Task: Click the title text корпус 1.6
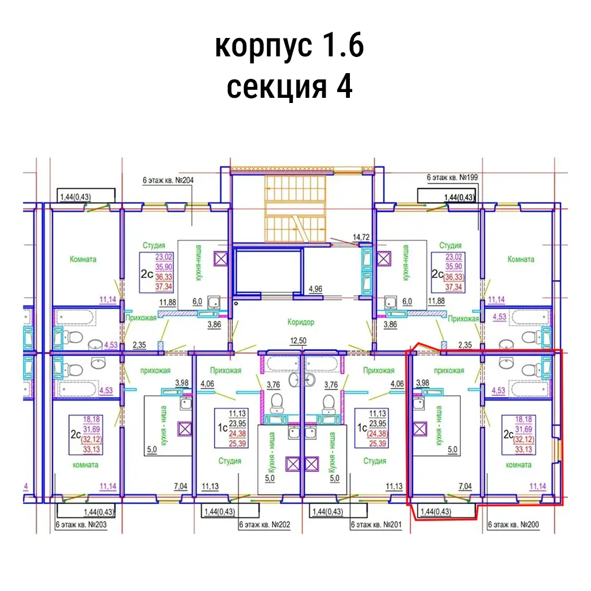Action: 289,46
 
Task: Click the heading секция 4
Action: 289,87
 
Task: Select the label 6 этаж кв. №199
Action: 452,178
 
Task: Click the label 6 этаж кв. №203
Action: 81,525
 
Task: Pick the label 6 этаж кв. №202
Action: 264,525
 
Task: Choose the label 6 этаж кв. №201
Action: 376,525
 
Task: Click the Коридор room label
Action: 300,322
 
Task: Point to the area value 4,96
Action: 315,288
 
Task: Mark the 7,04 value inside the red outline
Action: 465,487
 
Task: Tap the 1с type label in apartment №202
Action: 219,428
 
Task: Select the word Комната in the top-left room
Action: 83,259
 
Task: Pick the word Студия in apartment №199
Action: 451,246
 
